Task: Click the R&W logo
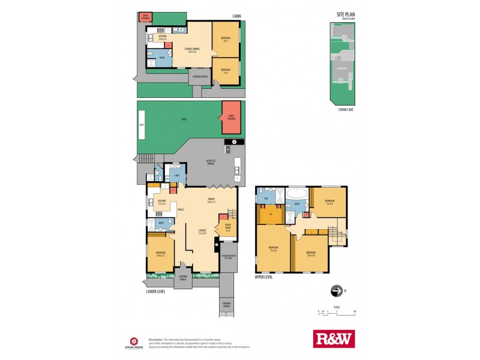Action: click(x=334, y=338)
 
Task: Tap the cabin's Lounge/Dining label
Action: click(x=193, y=50)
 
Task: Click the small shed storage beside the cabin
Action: click(x=145, y=17)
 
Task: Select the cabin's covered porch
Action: click(x=200, y=77)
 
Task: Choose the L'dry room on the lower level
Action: click(x=177, y=176)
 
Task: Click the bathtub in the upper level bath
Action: click(x=296, y=194)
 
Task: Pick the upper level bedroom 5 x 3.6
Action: click(x=273, y=248)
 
